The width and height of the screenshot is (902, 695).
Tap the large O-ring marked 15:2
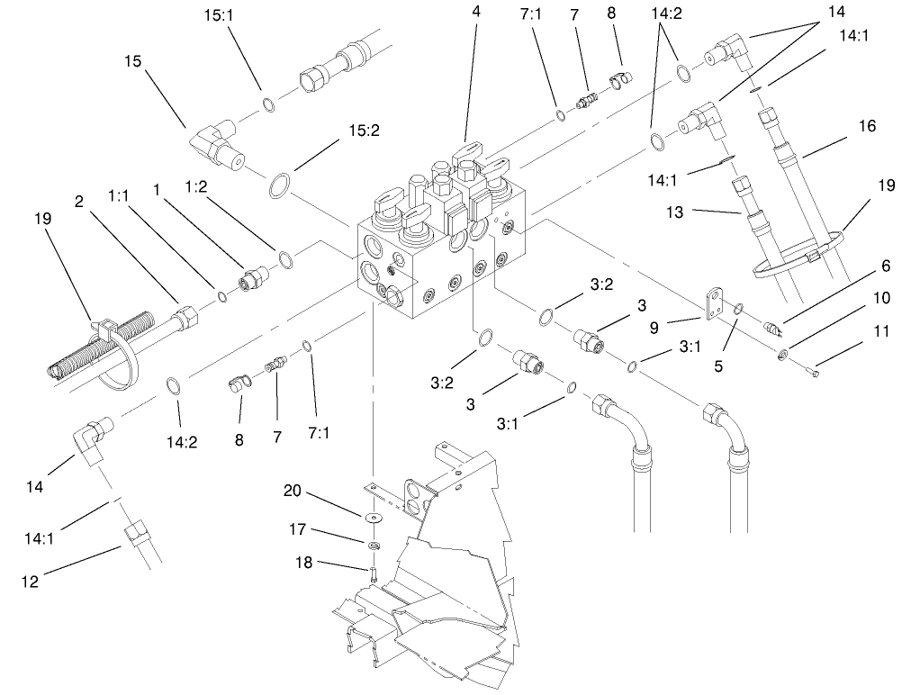pyautogui.click(x=282, y=187)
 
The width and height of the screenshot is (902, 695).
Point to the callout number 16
pyautogui.click(x=866, y=127)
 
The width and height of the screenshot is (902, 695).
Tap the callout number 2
pyautogui.click(x=79, y=203)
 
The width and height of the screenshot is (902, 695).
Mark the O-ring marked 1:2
pyautogui.click(x=285, y=260)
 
